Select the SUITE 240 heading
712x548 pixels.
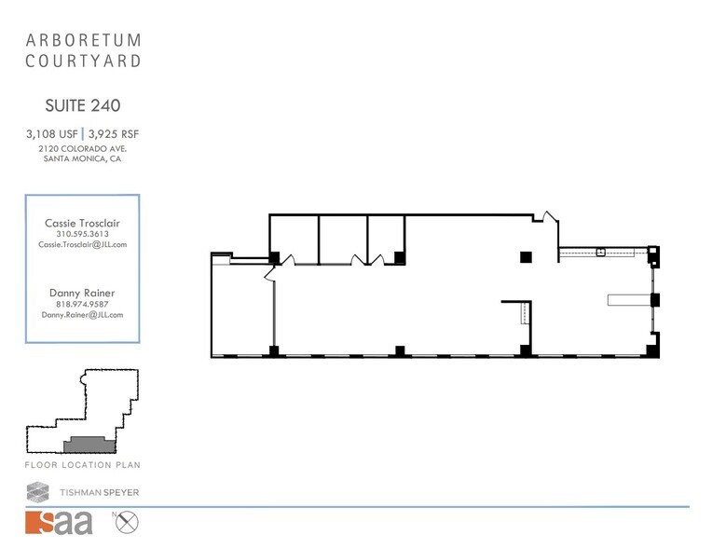click(82, 106)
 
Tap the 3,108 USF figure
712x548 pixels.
click(51, 134)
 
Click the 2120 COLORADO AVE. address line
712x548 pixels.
click(82, 148)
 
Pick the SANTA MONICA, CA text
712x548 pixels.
click(82, 158)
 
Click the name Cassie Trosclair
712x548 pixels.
click(82, 223)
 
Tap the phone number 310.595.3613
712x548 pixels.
click(82, 234)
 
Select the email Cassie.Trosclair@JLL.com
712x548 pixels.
click(82, 244)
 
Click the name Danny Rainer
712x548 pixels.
click(82, 293)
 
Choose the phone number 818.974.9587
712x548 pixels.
click(82, 304)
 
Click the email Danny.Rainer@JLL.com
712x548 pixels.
click(82, 315)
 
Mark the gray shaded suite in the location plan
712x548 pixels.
click(89, 445)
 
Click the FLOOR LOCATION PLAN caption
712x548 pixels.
click(82, 464)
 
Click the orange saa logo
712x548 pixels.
click(60, 523)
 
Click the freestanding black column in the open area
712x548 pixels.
click(526, 256)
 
